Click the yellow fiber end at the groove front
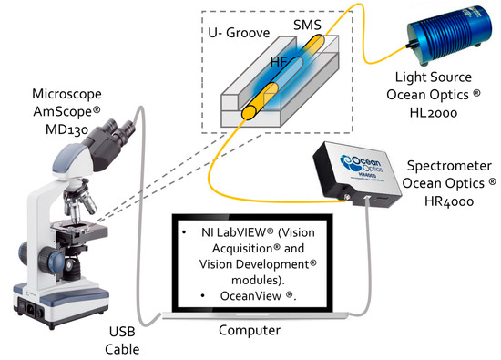point(248,113)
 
